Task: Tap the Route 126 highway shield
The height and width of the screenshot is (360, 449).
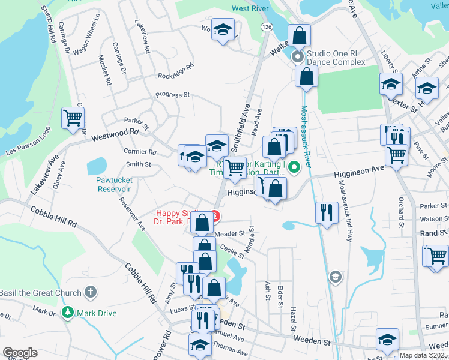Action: click(267, 28)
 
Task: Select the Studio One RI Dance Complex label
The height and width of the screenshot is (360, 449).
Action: click(336, 58)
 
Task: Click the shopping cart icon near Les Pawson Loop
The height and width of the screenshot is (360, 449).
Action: click(73, 118)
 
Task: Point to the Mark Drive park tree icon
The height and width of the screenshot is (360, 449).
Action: click(68, 312)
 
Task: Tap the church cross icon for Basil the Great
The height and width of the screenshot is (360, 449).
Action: click(90, 293)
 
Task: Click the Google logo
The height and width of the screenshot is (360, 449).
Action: click(20, 353)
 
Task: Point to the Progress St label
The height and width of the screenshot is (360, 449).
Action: click(172, 95)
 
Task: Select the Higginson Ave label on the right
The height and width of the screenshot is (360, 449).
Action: click(358, 173)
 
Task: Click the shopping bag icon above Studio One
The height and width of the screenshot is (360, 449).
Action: click(299, 35)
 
